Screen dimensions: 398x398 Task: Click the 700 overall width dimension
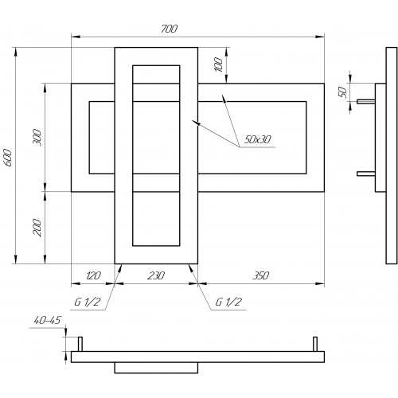point(169,29)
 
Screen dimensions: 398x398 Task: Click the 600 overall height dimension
point(8,158)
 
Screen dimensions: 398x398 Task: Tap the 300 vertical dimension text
point(37,138)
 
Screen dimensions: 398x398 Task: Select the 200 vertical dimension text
point(37,228)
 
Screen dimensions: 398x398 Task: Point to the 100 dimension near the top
point(218,64)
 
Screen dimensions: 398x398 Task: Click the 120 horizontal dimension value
point(93,275)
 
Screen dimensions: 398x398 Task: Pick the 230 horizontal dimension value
point(156,275)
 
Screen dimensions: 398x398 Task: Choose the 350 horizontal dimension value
point(261,275)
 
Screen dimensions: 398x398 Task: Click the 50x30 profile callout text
point(257,139)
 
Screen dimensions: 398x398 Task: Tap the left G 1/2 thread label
point(87,302)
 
